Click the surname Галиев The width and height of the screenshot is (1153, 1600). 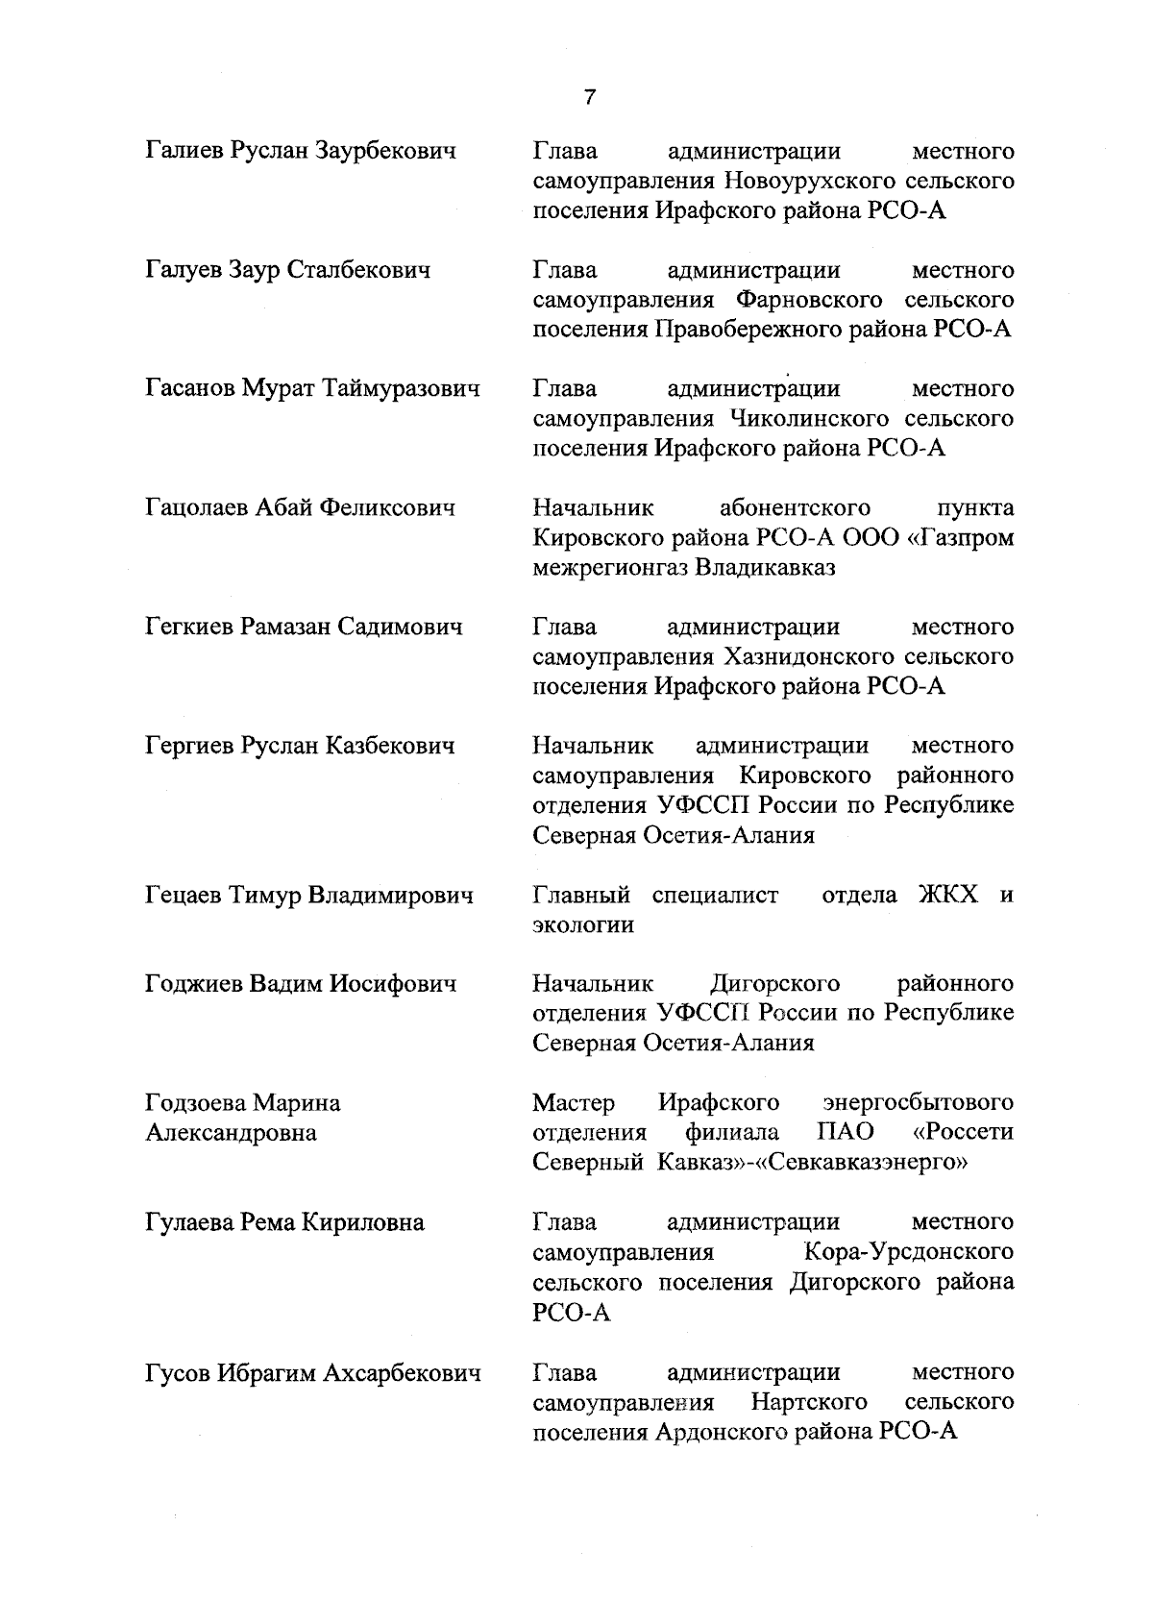pyautogui.click(x=184, y=151)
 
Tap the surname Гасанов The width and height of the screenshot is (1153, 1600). pyautogui.click(x=189, y=389)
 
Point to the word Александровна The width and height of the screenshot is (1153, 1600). pyautogui.click(x=231, y=1133)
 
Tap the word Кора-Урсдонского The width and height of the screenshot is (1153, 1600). pyautogui.click(x=908, y=1252)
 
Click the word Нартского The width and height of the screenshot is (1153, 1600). pyautogui.click(x=809, y=1402)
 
